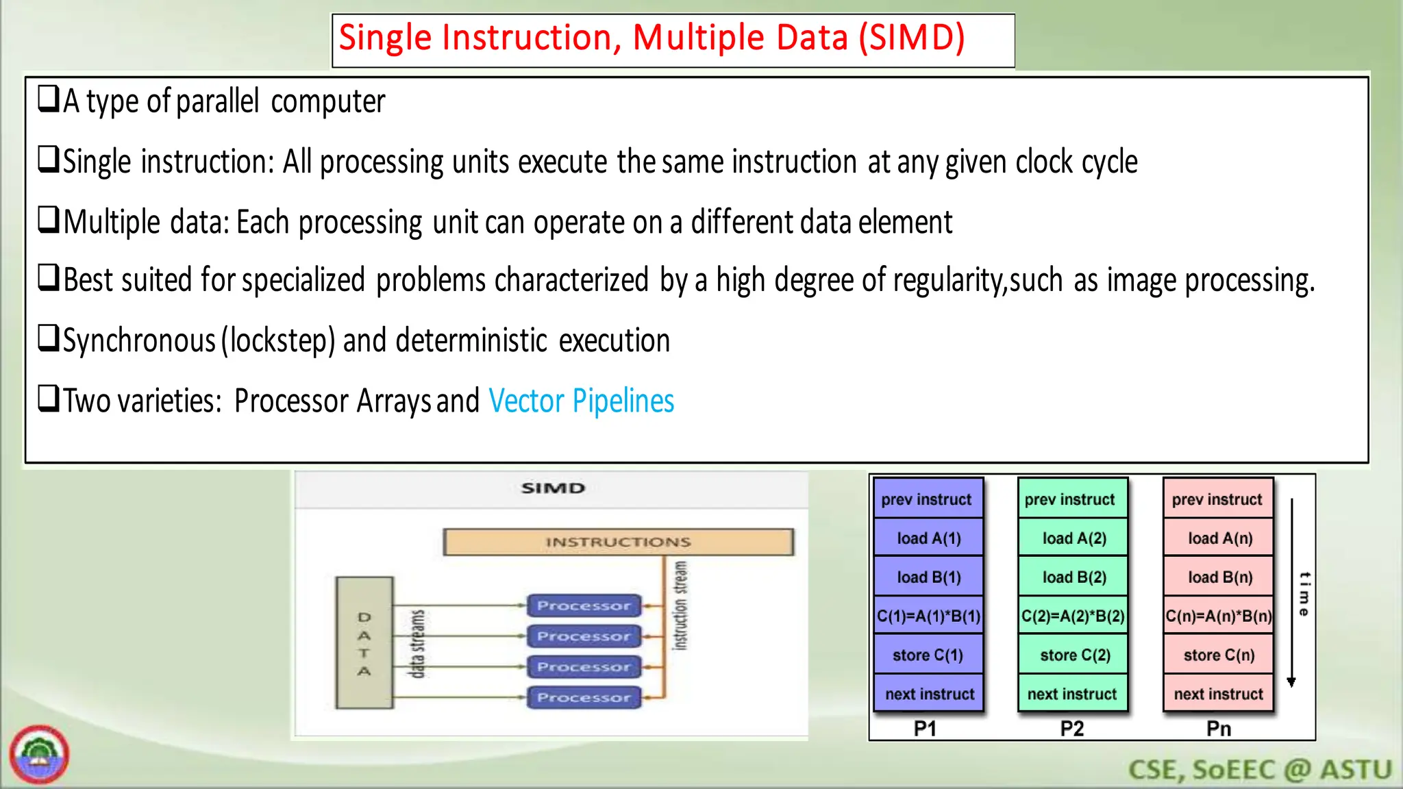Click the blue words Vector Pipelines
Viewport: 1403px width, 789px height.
[581, 401]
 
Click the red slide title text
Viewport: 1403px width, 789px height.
[651, 38]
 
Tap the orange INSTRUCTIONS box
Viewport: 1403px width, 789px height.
[618, 542]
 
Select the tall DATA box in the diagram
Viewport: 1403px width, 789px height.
[364, 642]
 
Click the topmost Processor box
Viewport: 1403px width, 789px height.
[584, 605]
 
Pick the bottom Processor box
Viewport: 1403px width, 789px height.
[584, 697]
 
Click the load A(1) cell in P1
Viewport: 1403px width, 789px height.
[928, 538]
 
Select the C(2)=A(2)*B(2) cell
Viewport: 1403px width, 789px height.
[1073, 616]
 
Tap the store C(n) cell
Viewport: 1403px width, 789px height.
[1219, 655]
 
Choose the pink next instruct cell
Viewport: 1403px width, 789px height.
[1219, 694]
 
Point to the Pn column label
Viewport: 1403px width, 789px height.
[1219, 729]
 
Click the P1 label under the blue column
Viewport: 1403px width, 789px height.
[925, 729]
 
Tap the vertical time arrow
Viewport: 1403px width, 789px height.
[1292, 593]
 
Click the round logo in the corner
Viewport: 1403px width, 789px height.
[40, 755]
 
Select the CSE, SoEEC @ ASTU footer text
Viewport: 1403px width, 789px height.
[1259, 770]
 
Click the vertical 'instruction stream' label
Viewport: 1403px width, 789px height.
[680, 605]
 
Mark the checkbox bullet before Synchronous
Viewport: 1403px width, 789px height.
[49, 338]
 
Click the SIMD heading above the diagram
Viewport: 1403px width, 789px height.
[553, 488]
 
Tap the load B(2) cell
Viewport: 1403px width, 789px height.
[1073, 577]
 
